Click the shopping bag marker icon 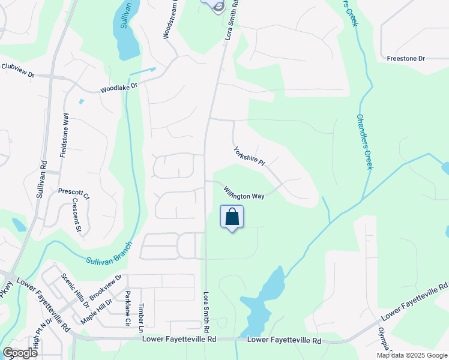[x=232, y=217]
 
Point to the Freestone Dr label [x=406, y=59]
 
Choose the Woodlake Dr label [x=119, y=88]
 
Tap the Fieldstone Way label [x=64, y=135]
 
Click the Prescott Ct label [x=74, y=193]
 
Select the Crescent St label [x=77, y=215]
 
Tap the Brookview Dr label [x=106, y=287]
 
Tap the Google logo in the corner [x=20, y=352]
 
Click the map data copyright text [x=412, y=355]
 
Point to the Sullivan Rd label [x=41, y=179]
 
